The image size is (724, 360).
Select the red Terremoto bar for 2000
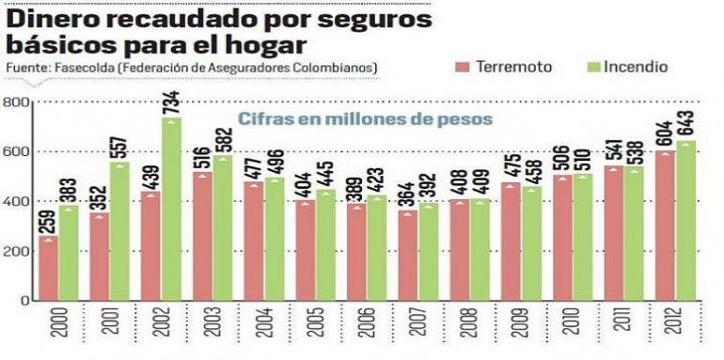(47, 270)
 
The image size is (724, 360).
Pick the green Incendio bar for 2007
(429, 253)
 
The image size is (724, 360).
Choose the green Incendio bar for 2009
(532, 244)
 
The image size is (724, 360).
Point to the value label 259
(48, 222)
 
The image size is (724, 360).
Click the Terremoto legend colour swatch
(462, 68)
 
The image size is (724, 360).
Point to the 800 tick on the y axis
(16, 102)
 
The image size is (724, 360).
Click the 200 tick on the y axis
(16, 251)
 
